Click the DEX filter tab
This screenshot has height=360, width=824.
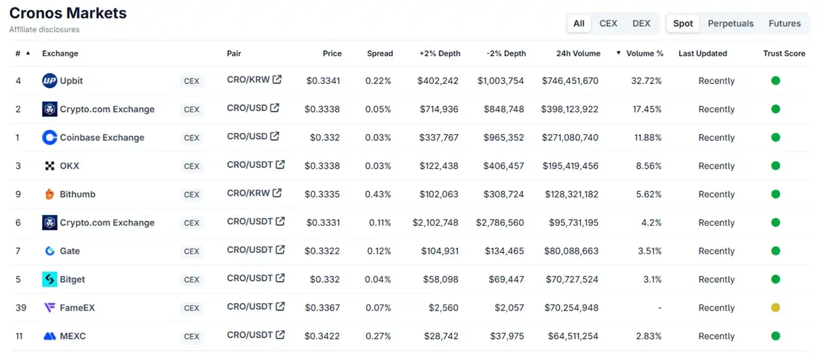(x=641, y=23)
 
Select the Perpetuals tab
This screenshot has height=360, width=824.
(x=730, y=23)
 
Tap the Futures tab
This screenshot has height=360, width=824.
(x=784, y=23)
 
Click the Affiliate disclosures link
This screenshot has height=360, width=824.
(x=44, y=30)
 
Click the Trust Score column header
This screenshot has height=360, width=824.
(x=784, y=54)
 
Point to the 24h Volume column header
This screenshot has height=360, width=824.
(x=577, y=54)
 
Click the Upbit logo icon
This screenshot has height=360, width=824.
(x=49, y=81)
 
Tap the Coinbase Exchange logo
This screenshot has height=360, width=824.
(x=49, y=138)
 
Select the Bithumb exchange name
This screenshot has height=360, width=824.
(x=77, y=195)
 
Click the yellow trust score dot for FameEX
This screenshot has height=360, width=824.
(x=775, y=308)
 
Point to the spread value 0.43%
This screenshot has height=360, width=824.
(x=378, y=195)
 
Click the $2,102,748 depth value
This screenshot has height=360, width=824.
(x=435, y=223)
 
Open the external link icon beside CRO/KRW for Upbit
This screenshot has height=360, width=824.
(x=276, y=79)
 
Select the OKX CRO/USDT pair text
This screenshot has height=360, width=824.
(x=249, y=165)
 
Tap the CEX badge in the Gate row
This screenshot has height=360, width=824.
(x=192, y=252)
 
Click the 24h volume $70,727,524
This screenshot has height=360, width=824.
(x=571, y=279)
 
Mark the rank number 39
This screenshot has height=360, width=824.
(x=21, y=308)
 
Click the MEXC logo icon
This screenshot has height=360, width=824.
(x=49, y=336)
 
